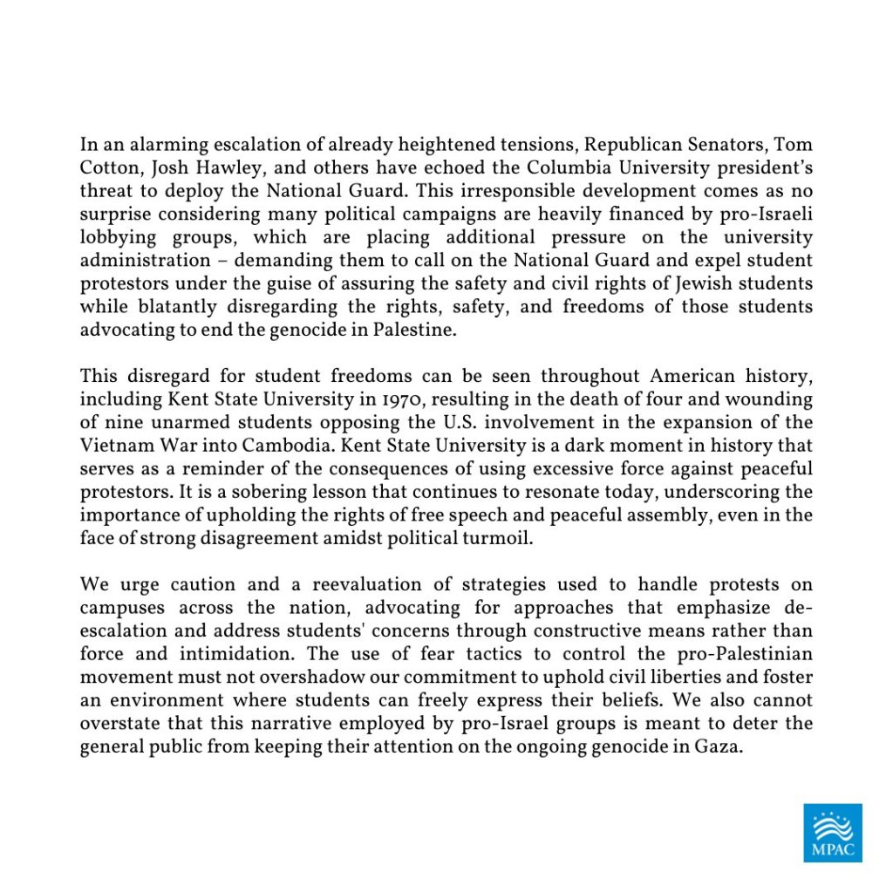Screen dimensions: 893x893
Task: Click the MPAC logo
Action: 832,833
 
